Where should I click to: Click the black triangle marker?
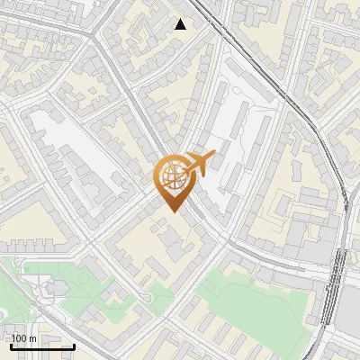pyautogui.click(x=181, y=24)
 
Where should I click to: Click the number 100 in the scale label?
pyautogui.click(x=20, y=338)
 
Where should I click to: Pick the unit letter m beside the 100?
pyautogui.click(x=33, y=338)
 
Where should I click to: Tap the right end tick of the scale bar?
pyautogui.click(x=74, y=345)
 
